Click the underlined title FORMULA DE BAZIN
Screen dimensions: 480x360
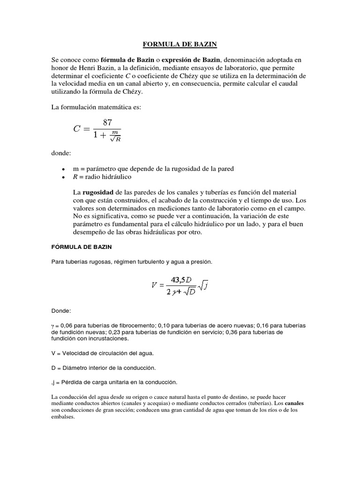pos(180,45)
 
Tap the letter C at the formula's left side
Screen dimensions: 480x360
pos(77,130)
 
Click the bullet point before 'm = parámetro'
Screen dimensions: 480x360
pos(63,168)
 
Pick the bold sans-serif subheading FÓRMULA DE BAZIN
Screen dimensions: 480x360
pos(82,246)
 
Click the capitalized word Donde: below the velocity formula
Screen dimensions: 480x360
pos(61,311)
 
